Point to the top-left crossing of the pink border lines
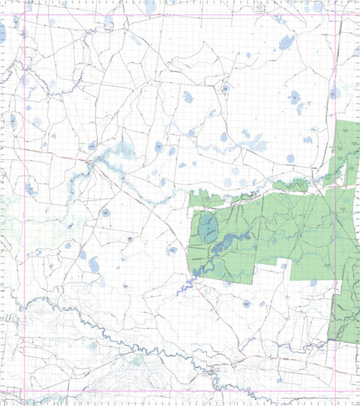(x=26, y=16)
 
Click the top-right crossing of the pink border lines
(x=336, y=16)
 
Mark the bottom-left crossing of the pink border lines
(x=26, y=389)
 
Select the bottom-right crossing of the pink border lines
(x=336, y=389)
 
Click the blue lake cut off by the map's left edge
(x=2, y=32)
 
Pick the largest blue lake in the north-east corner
(x=286, y=42)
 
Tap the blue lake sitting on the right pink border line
(x=334, y=92)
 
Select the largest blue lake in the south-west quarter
(x=94, y=264)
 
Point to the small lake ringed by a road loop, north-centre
(x=224, y=89)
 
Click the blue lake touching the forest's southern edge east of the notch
(x=313, y=282)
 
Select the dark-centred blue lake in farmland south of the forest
(x=246, y=304)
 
